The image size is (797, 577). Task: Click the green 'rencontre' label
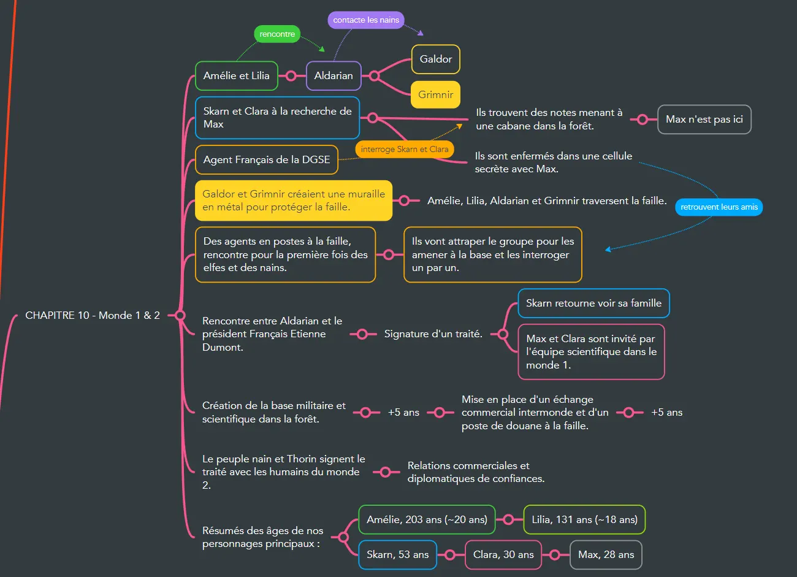pos(277,34)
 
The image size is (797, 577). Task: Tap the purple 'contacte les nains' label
pos(366,20)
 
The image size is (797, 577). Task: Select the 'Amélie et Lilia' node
pos(237,76)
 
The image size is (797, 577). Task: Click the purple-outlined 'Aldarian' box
pos(334,76)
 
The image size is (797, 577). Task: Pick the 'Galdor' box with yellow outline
pos(436,59)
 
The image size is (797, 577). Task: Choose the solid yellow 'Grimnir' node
pos(436,95)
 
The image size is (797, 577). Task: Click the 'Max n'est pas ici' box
pos(704,120)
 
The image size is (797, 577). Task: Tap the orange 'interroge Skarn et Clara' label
pos(405,149)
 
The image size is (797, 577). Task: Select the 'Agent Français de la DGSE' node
pos(267,160)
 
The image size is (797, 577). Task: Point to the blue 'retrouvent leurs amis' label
pos(719,207)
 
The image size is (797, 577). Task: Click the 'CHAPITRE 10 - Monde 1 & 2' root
pos(93,315)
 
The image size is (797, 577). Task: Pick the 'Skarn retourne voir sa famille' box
pos(593,304)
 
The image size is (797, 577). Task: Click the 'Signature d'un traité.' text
pos(433,334)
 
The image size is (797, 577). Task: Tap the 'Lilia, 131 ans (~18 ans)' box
pos(584,520)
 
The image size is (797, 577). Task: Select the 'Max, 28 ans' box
pos(606,555)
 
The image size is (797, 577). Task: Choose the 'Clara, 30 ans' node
pos(503,555)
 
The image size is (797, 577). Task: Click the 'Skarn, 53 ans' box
pos(397,555)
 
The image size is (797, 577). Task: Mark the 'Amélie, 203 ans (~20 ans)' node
pos(427,520)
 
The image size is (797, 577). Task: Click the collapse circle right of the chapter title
pos(180,315)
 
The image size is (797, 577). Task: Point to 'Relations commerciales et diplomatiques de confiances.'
pos(476,472)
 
